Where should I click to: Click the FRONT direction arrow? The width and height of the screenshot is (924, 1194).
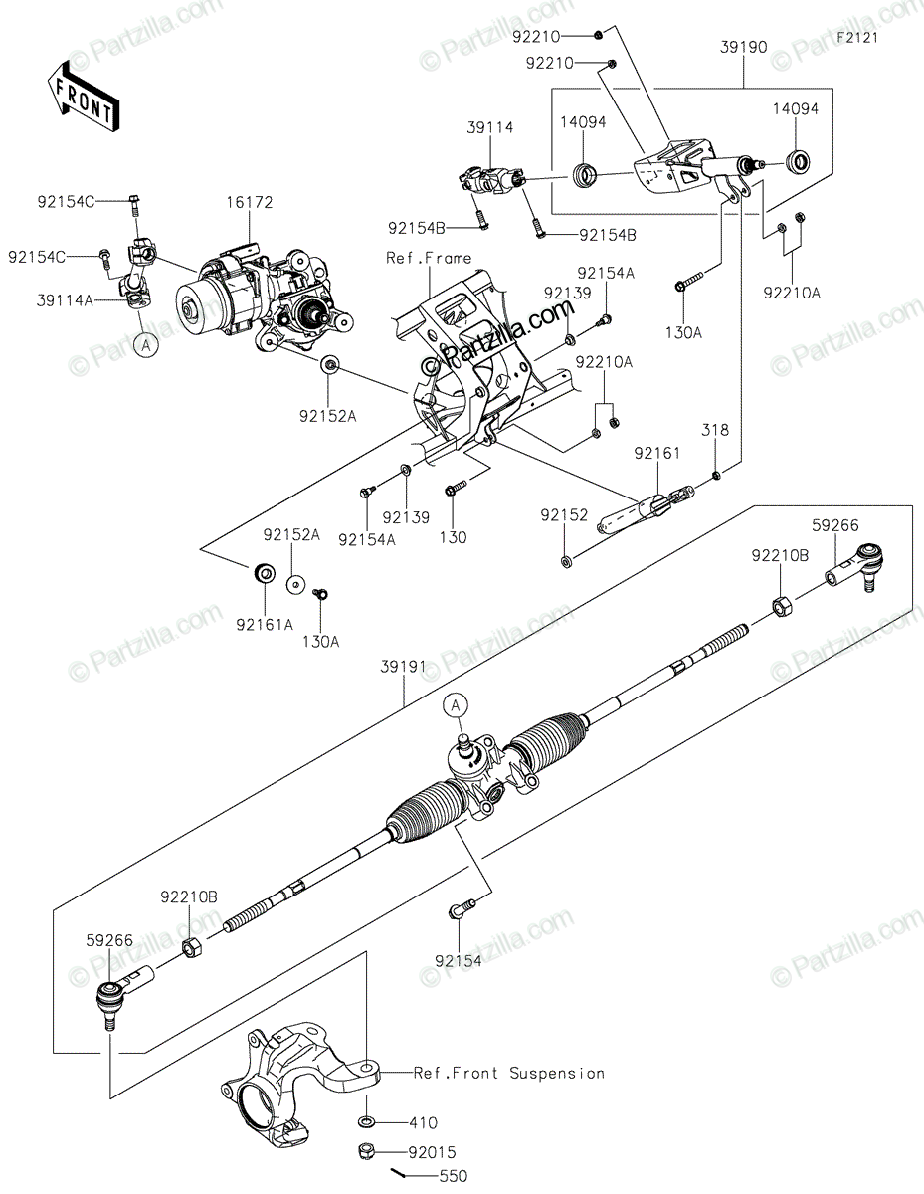point(85,96)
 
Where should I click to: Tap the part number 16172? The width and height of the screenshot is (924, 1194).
point(249,203)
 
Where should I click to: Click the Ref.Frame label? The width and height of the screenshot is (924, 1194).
point(429,258)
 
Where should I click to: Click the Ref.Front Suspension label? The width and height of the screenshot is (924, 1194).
point(508,1073)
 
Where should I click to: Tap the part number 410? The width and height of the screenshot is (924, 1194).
point(423,1123)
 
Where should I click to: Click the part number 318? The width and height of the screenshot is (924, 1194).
point(716,431)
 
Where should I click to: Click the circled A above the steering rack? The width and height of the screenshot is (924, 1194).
point(457,705)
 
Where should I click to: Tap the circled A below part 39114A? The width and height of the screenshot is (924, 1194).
point(146,345)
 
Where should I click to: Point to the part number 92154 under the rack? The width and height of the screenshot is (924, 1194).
point(458,961)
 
